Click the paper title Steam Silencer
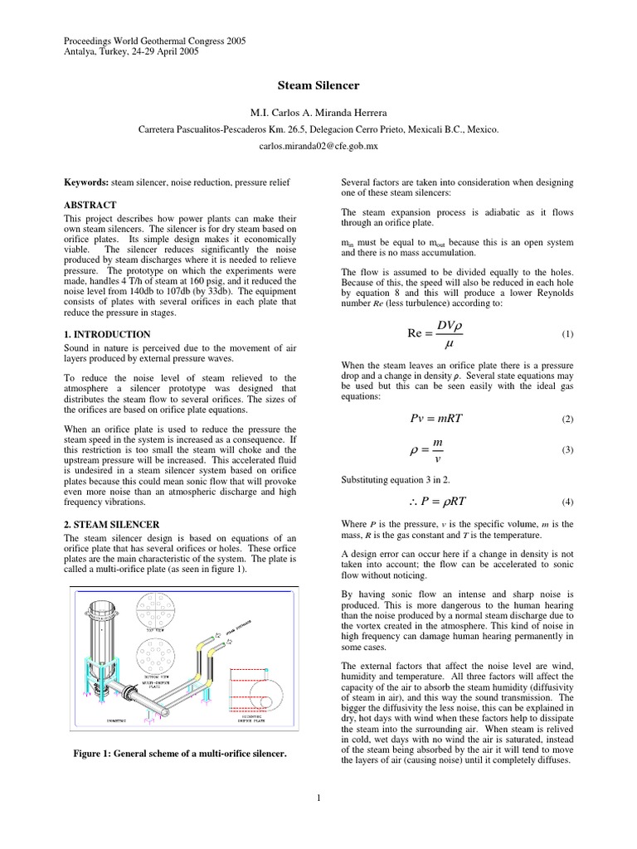tap(318, 85)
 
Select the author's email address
tap(318, 144)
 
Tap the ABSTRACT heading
tap(90, 204)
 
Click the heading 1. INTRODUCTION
tap(107, 333)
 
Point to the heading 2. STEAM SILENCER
tap(112, 525)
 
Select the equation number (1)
tap(567, 334)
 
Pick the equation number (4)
tap(567, 502)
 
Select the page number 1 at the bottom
tap(318, 798)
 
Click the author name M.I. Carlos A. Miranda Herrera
tap(318, 113)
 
